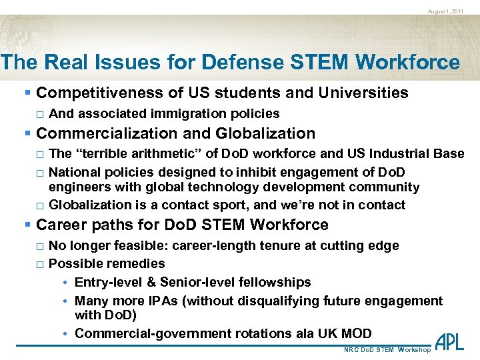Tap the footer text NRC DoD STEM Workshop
pyautogui.click(x=387, y=350)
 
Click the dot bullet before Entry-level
pyautogui.click(x=67, y=283)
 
